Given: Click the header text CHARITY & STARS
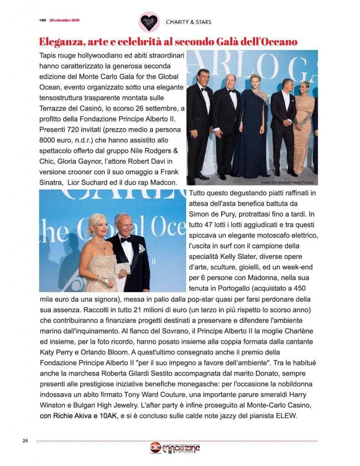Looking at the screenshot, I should [x=188, y=22].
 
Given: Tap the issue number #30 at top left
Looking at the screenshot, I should [x=43, y=20].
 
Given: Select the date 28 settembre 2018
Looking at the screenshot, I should [x=66, y=20].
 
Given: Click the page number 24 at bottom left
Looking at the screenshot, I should [x=25, y=441].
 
